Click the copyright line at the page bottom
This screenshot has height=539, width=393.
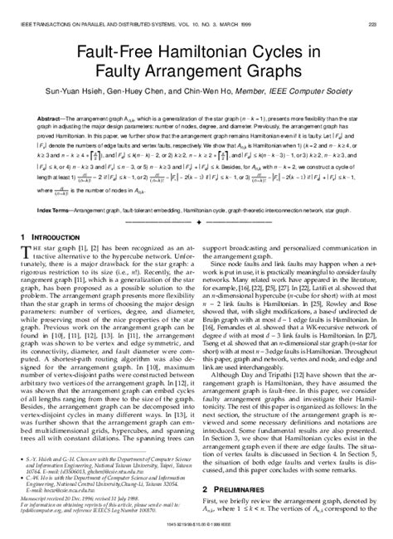(196, 532)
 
